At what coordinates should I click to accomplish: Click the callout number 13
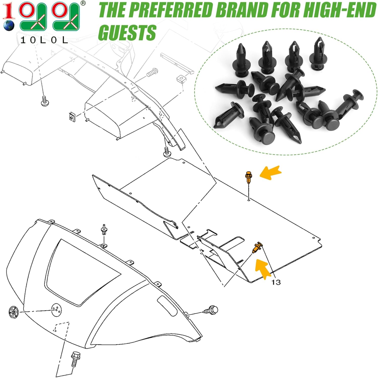pyautogui.click(x=276, y=282)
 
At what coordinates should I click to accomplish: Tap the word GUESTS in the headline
pyautogui.click(x=127, y=32)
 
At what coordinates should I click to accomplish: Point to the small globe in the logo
pyautogui.click(x=9, y=26)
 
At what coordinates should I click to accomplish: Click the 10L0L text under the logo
pyautogui.click(x=44, y=40)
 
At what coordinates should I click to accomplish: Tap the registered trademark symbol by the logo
pyautogui.click(x=83, y=3)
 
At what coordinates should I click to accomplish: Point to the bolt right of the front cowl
pyautogui.click(x=211, y=310)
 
